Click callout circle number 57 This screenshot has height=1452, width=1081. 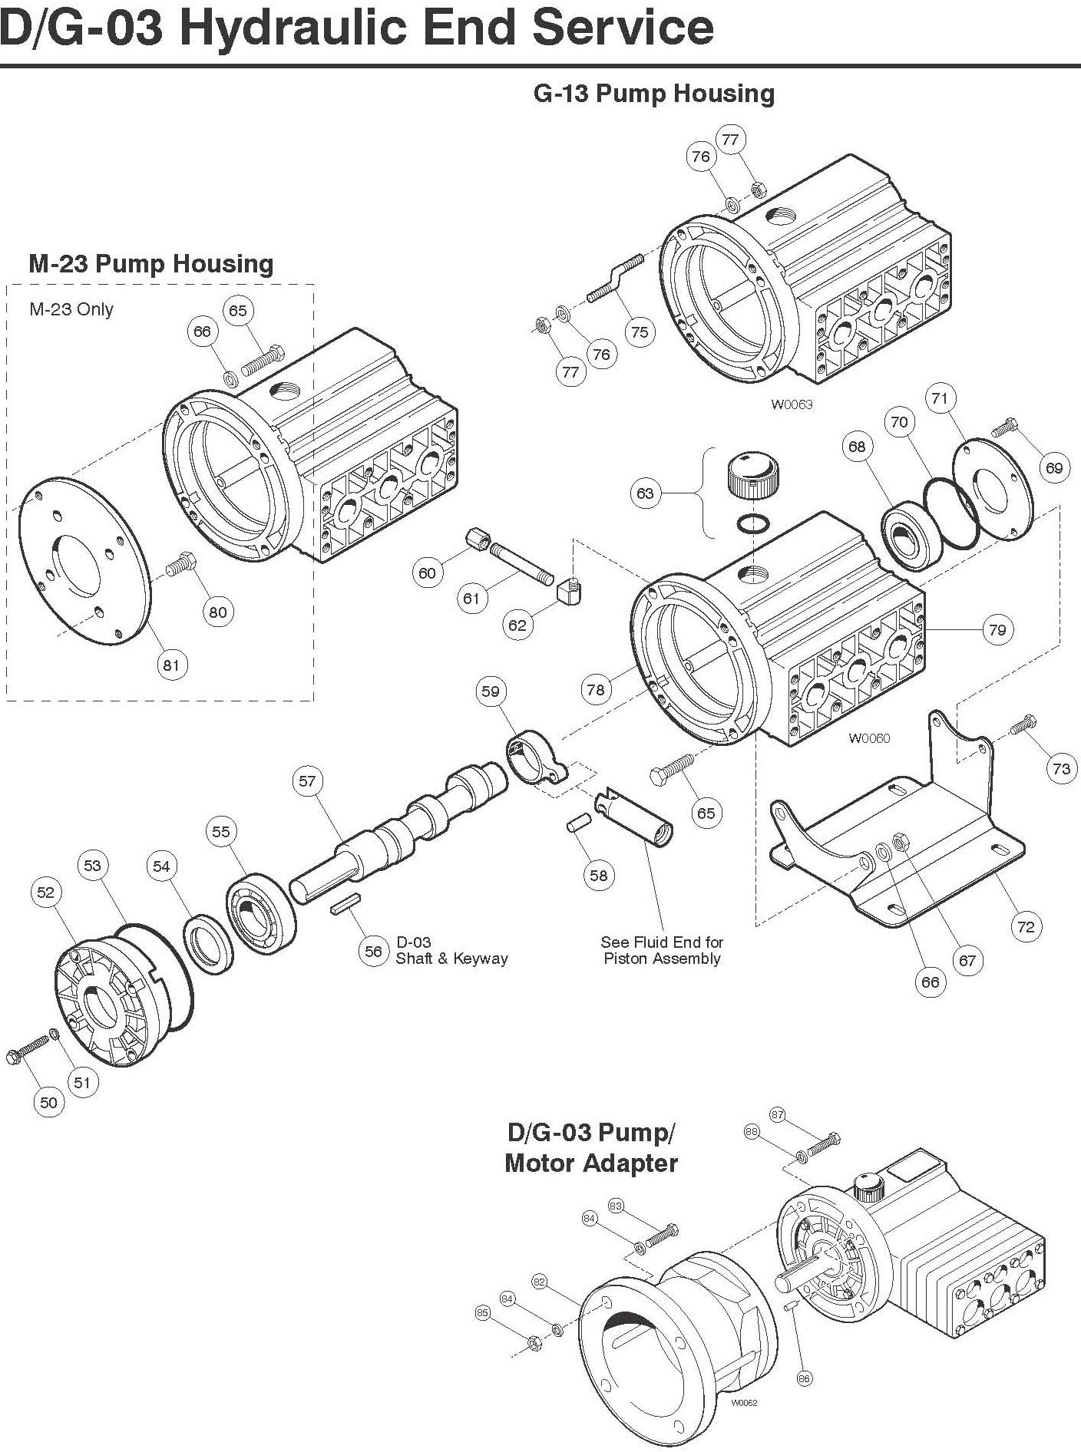[x=307, y=781]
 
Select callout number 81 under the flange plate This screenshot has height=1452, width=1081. [x=170, y=665]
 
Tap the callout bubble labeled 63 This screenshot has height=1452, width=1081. [x=645, y=493]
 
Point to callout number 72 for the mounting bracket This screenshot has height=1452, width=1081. [x=1026, y=926]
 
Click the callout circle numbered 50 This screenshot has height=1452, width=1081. [x=48, y=1102]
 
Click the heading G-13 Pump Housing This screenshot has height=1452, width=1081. [x=653, y=94]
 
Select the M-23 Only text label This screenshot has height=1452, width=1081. [x=71, y=309]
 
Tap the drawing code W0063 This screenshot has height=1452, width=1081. [x=792, y=404]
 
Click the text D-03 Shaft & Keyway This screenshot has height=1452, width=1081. [x=451, y=950]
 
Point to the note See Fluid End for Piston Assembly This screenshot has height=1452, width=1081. [x=662, y=950]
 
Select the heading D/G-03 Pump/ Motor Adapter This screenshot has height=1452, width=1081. [x=591, y=1147]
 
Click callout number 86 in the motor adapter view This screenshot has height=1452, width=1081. [x=803, y=1379]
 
